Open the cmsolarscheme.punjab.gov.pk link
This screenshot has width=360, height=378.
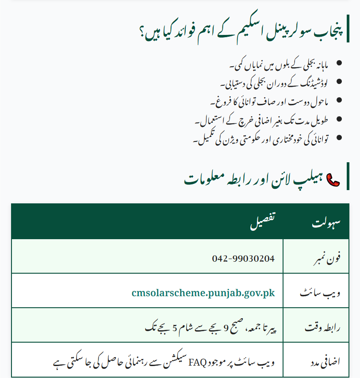(x=203, y=293)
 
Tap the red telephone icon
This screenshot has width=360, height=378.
(x=332, y=179)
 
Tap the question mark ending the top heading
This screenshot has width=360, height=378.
(x=143, y=32)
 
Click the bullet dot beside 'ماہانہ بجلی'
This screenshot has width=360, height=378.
(x=339, y=63)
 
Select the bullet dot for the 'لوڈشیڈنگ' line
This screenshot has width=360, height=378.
(x=339, y=81)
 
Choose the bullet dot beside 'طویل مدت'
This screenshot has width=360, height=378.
(x=339, y=119)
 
